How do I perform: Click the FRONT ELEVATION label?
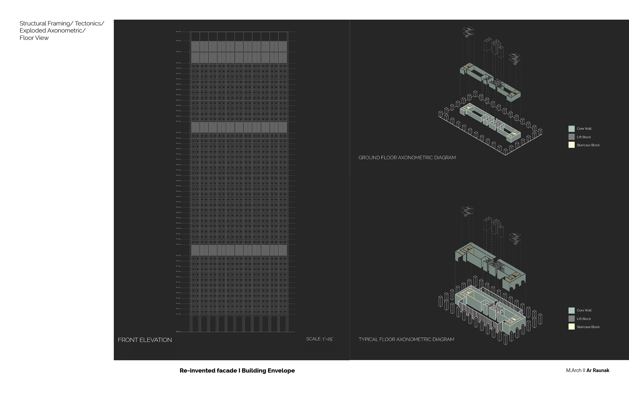pos(144,340)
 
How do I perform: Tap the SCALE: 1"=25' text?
pos(319,339)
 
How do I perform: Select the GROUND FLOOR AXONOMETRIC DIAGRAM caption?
pos(407,158)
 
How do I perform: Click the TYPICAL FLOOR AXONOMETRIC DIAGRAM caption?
pos(406,339)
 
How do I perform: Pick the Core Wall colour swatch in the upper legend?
pos(571,129)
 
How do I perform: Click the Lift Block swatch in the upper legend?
pos(571,137)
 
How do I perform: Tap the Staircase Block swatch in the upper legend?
pos(571,145)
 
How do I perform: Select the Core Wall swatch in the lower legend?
pos(571,310)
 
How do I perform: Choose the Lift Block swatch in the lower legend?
pos(571,319)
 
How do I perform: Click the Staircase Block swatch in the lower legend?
pos(571,327)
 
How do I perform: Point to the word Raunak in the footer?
pos(601,370)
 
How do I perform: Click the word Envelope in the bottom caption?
pos(281,371)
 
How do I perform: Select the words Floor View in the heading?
pos(34,38)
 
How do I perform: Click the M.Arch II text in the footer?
pos(575,370)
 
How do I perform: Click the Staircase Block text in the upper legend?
pos(588,145)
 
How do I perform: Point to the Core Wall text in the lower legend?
pos(584,310)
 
